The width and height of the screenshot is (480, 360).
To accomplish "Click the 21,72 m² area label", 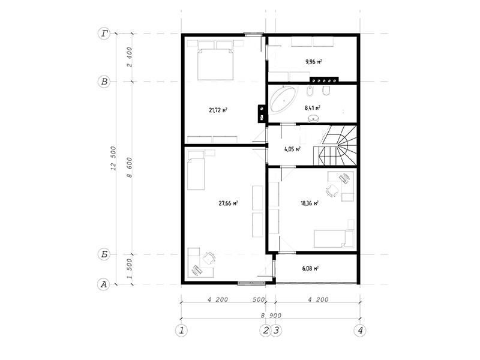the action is [x=218, y=110].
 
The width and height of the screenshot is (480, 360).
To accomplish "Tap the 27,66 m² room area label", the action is [x=229, y=203].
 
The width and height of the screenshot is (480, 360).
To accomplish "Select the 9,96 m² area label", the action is [x=313, y=62].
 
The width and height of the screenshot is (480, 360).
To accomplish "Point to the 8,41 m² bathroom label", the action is [x=313, y=108].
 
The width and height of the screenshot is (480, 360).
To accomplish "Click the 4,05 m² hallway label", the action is [x=292, y=149].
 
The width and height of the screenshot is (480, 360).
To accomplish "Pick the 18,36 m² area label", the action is [x=310, y=203].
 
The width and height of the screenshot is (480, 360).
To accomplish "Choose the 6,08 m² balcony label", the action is [x=310, y=268].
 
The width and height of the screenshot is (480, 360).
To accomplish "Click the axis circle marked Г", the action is [x=104, y=34].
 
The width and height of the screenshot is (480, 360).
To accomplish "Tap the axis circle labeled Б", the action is [x=104, y=254].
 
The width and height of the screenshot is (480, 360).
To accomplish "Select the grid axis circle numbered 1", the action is [x=182, y=331].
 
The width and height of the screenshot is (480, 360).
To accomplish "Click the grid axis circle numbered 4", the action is [x=360, y=331].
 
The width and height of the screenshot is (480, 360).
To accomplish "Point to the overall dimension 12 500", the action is [x=113, y=158].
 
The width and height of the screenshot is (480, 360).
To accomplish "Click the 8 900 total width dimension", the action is [x=271, y=316].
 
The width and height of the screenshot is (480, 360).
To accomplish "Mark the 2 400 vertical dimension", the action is [x=130, y=57].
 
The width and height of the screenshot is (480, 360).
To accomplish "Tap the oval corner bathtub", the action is [x=284, y=100].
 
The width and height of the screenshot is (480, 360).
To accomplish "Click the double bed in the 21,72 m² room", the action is [x=215, y=61].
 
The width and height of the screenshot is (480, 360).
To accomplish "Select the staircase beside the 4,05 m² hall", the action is [x=335, y=145].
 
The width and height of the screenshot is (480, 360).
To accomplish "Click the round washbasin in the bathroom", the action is [x=313, y=118].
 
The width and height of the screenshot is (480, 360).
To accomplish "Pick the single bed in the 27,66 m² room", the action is [x=196, y=170].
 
